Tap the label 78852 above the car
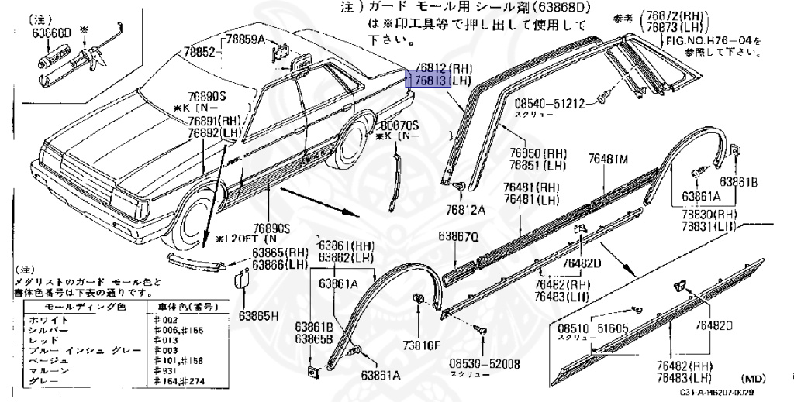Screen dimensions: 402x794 (199, 53)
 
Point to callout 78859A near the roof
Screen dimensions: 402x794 (246, 40)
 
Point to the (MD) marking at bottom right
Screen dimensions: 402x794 (754, 379)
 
